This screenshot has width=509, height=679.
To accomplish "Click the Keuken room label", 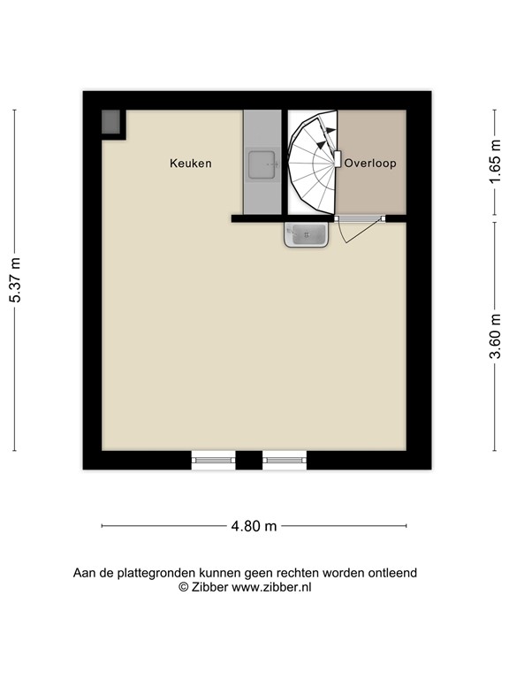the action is coord(191,164).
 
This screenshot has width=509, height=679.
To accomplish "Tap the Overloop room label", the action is coord(370,164).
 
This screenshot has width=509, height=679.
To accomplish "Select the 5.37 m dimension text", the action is coord(16,280).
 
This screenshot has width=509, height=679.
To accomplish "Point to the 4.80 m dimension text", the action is coord(254,526).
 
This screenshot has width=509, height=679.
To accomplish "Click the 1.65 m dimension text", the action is coord(495,161).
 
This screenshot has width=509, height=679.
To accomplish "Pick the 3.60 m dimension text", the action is coord(495,336).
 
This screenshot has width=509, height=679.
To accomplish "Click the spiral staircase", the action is coord(313,163).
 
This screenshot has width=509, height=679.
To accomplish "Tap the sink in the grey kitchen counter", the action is coord(262,164).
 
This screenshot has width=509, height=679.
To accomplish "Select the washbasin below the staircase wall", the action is coord(306,234).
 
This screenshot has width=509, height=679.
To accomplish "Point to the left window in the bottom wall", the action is coord(213,460).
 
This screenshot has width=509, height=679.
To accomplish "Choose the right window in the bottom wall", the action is coord(285,460).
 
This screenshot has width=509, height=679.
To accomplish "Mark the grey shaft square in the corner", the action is coord(110,122).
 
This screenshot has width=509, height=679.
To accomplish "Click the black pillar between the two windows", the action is coord(249,460).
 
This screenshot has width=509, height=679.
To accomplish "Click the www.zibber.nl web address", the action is coord(271,587).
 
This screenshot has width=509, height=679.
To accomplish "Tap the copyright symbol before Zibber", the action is coord(184,587).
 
